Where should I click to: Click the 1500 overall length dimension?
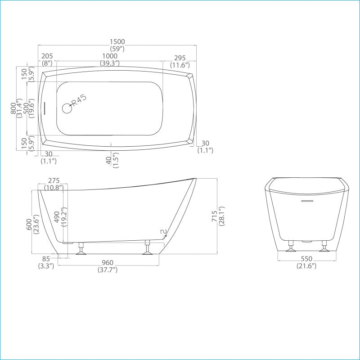[117, 42]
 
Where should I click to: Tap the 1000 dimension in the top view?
[110, 56]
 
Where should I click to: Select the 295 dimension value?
[180, 58]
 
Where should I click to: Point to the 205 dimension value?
[47, 56]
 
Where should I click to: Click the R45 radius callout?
[79, 100]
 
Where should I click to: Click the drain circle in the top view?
[67, 108]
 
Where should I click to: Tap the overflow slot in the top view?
[44, 108]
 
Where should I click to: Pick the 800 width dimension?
[13, 108]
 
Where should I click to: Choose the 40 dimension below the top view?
[109, 160]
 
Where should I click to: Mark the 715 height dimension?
[214, 216]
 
